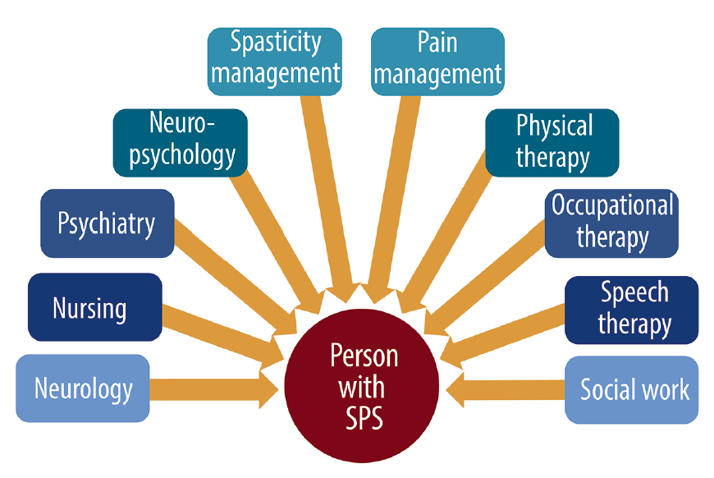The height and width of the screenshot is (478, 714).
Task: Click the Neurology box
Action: (82, 388)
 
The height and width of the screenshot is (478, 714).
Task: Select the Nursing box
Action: (94, 307)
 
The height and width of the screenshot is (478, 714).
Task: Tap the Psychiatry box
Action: (108, 223)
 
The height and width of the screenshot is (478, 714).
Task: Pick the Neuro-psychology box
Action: (181, 143)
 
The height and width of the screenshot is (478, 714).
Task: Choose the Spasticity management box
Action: (275, 62)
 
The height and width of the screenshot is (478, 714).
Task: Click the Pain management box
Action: (437, 62)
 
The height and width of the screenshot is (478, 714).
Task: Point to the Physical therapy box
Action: (552, 143)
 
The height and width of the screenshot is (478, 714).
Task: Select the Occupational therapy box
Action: (611, 223)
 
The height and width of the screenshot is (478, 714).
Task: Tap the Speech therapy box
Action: (632, 310)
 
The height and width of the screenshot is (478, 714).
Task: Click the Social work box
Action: (632, 390)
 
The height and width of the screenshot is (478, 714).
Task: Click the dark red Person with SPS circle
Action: (362, 385)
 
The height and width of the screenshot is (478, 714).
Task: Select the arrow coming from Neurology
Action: (214, 389)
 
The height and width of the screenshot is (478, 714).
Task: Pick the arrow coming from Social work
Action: (506, 390)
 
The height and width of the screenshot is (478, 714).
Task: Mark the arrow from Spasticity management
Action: (330, 199)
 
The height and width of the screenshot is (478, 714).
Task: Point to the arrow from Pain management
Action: (394, 199)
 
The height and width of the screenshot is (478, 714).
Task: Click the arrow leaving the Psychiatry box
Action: (236, 278)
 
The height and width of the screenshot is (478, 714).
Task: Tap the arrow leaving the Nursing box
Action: (223, 338)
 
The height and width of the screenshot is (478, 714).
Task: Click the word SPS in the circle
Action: (364, 417)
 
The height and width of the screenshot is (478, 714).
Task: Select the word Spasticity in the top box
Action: (276, 44)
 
